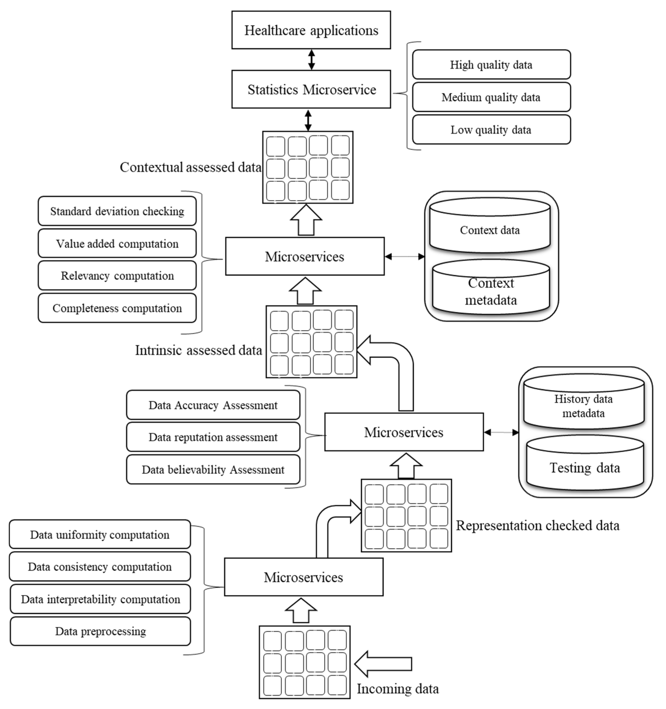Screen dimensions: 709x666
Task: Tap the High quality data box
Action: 491,65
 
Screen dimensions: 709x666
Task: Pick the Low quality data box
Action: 491,129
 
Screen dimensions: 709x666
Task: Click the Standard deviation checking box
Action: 117,211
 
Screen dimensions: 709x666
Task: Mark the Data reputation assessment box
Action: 213,437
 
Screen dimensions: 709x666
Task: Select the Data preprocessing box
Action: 100,631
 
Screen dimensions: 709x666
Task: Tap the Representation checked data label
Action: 537,525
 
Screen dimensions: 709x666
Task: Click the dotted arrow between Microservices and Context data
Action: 404,256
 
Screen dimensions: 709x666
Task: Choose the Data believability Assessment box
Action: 213,469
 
